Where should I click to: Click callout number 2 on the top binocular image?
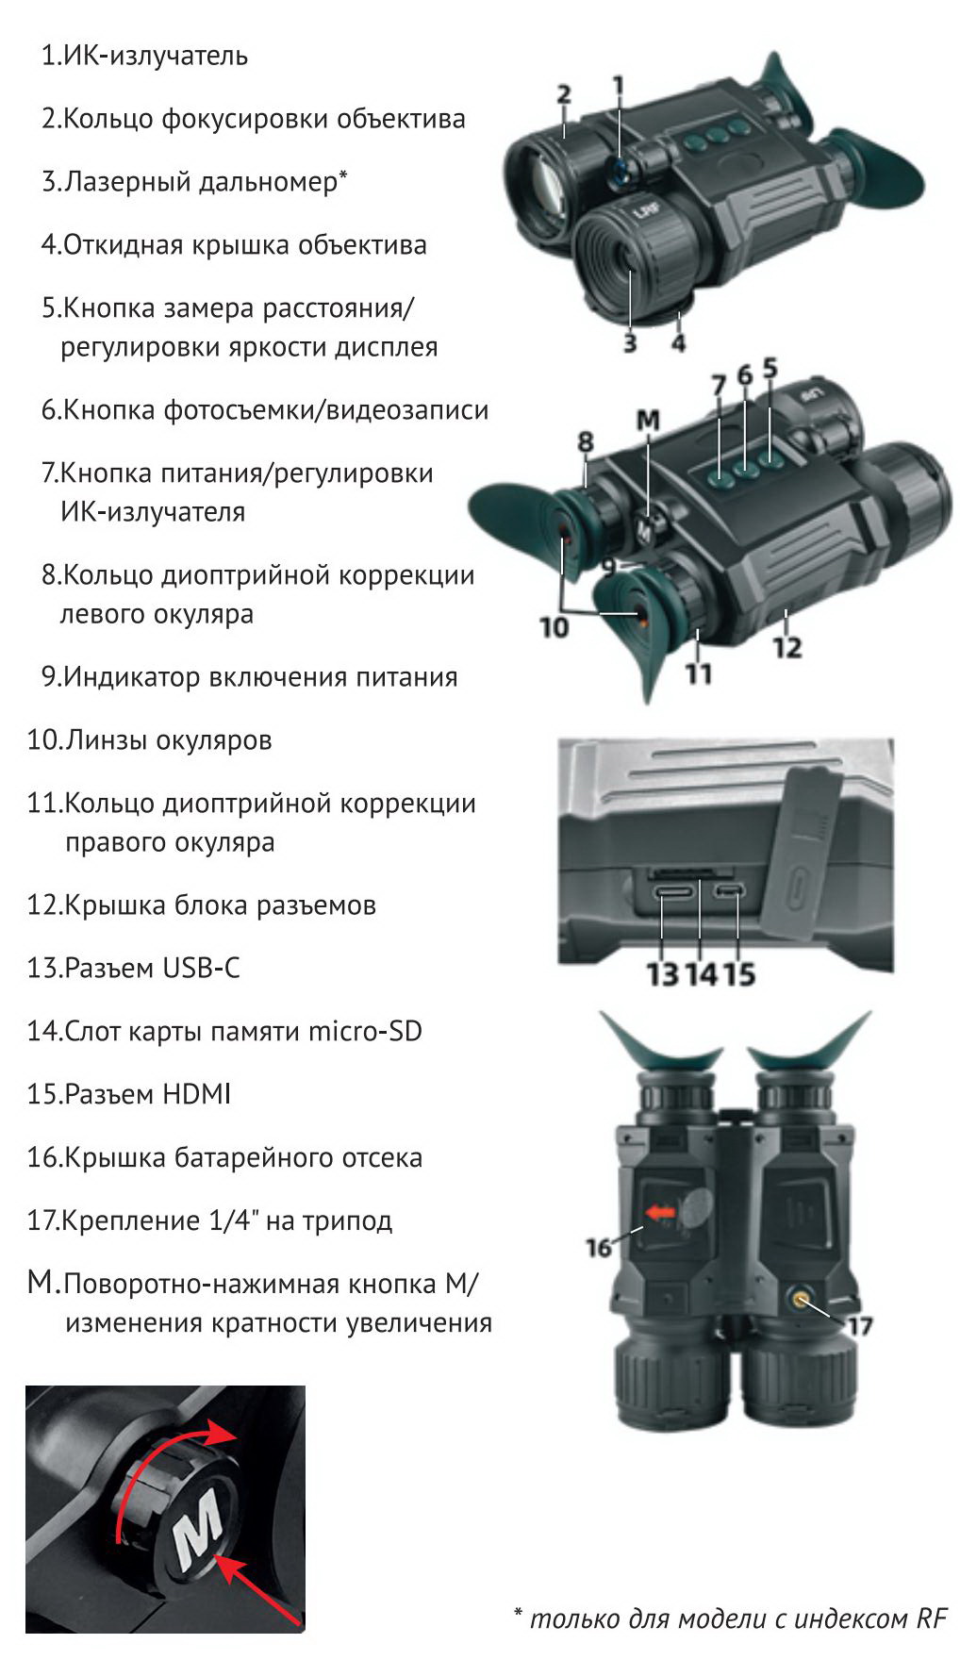(563, 94)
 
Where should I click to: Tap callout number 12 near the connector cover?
(786, 648)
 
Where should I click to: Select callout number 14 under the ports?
(701, 973)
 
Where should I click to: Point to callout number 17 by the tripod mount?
(859, 1326)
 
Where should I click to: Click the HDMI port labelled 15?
(728, 891)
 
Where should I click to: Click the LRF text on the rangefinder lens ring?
(645, 213)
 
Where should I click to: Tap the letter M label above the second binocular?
(648, 422)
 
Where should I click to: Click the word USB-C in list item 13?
(201, 968)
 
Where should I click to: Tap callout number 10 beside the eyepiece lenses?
(554, 626)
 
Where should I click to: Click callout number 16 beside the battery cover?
(599, 1248)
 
